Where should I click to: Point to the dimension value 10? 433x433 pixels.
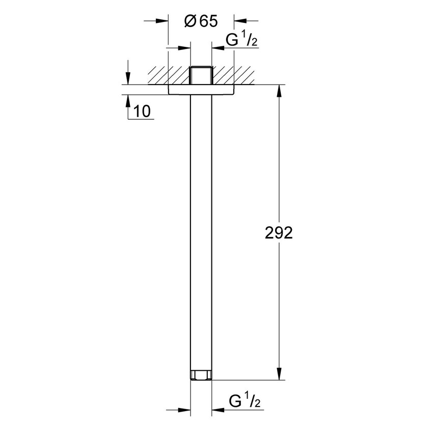[x=143, y=111]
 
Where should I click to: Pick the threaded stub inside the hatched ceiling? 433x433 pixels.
[x=201, y=75]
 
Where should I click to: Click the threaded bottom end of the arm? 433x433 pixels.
[x=201, y=376]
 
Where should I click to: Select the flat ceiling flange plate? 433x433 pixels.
[x=201, y=90]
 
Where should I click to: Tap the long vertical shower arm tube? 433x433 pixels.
[x=201, y=229]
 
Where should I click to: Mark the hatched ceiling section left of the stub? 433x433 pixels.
[x=166, y=75]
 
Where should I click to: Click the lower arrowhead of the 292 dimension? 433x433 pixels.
[x=279, y=375]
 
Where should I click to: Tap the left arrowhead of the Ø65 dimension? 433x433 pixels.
[x=163, y=21]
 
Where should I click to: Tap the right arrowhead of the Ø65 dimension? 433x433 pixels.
[x=239, y=21]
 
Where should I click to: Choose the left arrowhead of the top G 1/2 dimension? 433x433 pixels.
[x=185, y=48]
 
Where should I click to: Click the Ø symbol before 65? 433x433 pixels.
[x=189, y=21]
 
